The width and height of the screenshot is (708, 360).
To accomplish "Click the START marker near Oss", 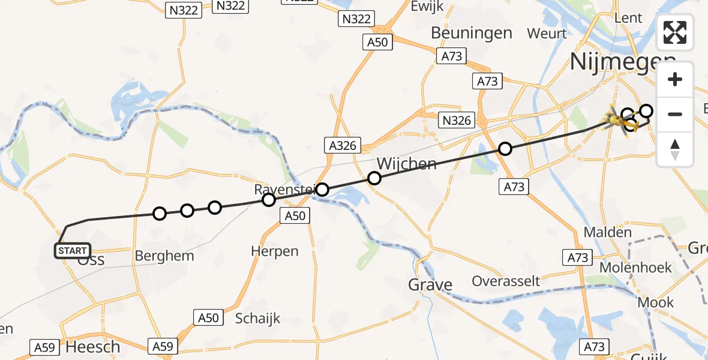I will pyautogui.click(x=73, y=250).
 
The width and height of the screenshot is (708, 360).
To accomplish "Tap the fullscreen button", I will pyautogui.click(x=675, y=32).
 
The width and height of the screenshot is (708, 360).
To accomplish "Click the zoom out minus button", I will pyautogui.click(x=675, y=114).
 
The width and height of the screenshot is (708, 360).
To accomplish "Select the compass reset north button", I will pyautogui.click(x=675, y=149).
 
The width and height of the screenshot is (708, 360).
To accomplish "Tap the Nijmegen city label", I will pyautogui.click(x=621, y=61).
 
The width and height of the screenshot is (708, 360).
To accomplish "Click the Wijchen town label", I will pyautogui.click(x=406, y=163).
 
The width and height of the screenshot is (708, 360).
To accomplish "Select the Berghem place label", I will pyautogui.click(x=164, y=256).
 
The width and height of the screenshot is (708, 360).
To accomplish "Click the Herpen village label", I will pyautogui.click(x=275, y=251).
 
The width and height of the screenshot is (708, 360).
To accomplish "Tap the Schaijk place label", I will pyautogui.click(x=258, y=319).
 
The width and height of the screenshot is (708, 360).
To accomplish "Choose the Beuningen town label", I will pyautogui.click(x=471, y=32).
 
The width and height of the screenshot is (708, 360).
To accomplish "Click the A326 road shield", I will pyautogui.click(x=343, y=145).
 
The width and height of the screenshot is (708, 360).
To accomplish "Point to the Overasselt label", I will pyautogui.click(x=506, y=281).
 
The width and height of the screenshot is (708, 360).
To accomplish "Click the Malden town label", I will pyautogui.click(x=608, y=232).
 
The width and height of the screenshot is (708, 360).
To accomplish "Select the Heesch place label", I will pyautogui.click(x=92, y=347).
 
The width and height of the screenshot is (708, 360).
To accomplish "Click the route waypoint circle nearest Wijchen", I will pyautogui.click(x=374, y=178).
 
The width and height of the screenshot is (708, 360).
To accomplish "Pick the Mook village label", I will pyautogui.click(x=655, y=302).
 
